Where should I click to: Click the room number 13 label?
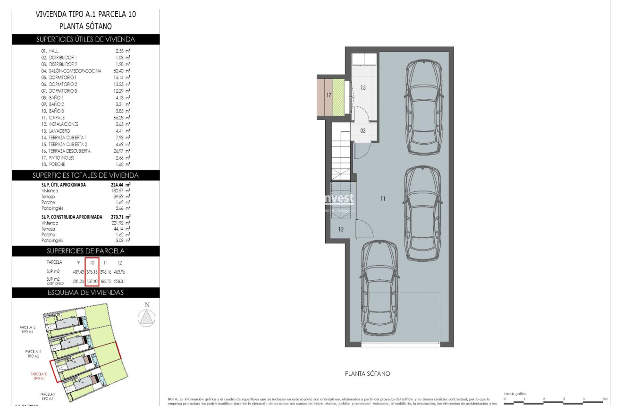point(363,87)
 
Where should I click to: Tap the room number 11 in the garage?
point(382,199)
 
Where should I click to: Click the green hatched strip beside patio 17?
point(339,95)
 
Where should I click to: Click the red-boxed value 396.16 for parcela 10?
point(92,272)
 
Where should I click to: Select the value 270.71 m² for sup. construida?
point(111,217)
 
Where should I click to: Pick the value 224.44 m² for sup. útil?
point(111,185)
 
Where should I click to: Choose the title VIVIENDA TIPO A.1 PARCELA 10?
point(85,15)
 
